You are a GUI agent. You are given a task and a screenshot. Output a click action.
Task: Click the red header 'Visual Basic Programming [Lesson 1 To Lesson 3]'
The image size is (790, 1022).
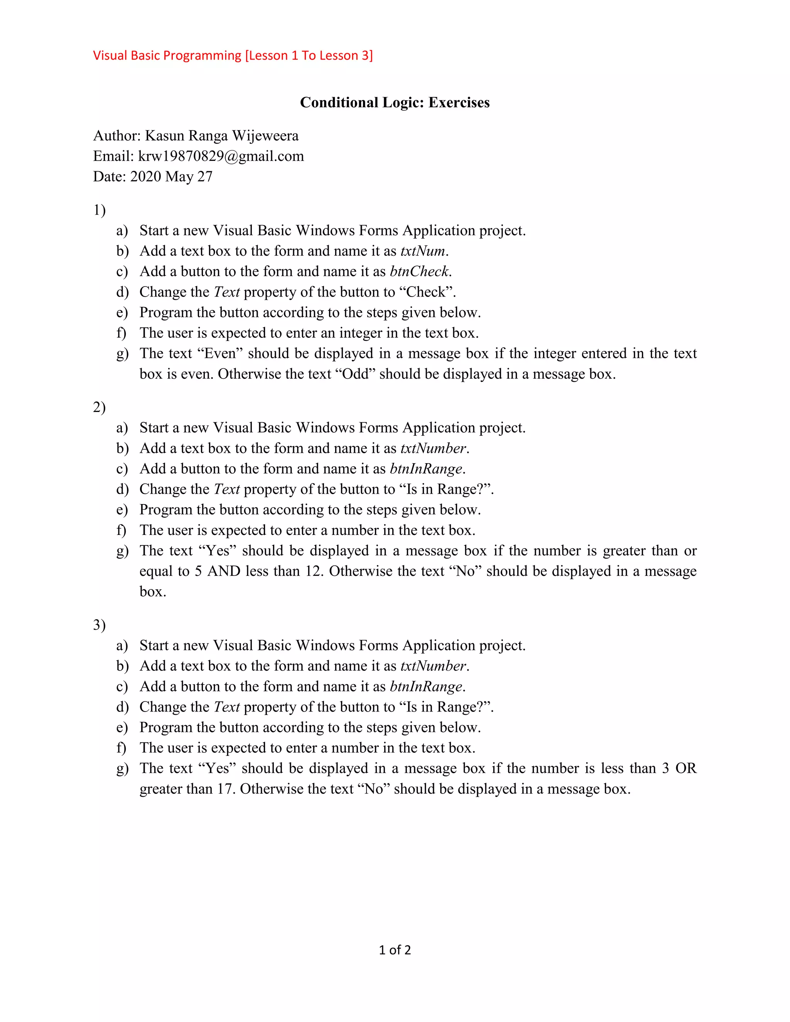tap(233, 56)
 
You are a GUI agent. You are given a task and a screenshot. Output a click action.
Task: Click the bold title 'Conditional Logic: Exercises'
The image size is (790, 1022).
tap(395, 103)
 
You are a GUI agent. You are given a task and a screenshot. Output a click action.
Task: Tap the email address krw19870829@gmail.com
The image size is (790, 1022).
tap(221, 156)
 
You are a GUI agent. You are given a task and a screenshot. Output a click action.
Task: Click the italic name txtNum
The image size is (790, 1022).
tap(423, 251)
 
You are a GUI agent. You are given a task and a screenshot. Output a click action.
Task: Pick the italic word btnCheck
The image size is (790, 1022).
tap(419, 272)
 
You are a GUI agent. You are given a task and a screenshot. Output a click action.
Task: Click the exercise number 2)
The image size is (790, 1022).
tap(99, 407)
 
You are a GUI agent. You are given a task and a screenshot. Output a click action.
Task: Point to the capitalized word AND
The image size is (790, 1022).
tap(224, 572)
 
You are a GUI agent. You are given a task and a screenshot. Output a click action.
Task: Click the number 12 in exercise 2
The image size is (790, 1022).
tap(312, 572)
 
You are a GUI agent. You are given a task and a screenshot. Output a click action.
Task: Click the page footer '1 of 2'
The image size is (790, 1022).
tap(395, 950)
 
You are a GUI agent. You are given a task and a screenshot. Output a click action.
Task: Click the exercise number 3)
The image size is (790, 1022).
tap(99, 625)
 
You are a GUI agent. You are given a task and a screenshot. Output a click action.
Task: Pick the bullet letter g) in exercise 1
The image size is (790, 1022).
tap(122, 354)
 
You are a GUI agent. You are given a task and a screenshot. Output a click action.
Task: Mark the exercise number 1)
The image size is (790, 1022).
tap(99, 210)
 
